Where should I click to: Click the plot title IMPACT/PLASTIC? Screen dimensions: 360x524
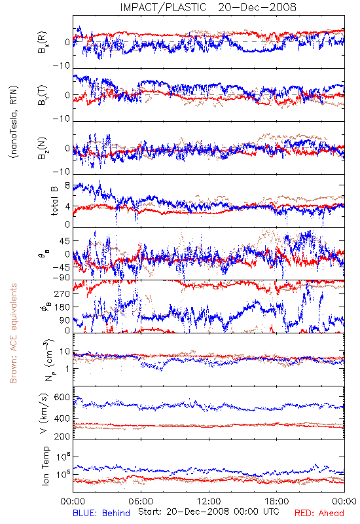click(x=163, y=7)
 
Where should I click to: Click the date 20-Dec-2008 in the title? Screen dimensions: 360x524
click(x=257, y=7)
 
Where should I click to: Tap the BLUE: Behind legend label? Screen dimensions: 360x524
click(x=101, y=513)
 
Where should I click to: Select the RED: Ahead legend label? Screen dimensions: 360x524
click(x=319, y=513)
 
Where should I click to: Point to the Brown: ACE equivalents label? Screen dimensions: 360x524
click(x=13, y=333)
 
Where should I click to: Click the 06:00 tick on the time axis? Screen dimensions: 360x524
click(x=141, y=501)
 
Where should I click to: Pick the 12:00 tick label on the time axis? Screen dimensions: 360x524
click(x=209, y=501)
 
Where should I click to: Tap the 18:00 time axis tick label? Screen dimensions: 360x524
click(x=277, y=501)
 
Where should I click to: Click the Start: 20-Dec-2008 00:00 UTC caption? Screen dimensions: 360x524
click(x=208, y=512)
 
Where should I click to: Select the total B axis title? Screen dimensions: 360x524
click(x=54, y=200)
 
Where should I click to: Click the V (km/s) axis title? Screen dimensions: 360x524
click(x=44, y=413)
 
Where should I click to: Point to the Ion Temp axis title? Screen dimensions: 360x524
click(x=45, y=466)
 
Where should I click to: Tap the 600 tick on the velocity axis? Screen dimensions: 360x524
click(x=62, y=398)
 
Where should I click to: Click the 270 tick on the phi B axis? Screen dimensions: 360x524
click(x=62, y=293)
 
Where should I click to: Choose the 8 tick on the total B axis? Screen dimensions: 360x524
click(x=67, y=185)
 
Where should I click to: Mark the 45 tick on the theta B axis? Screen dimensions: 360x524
click(x=65, y=241)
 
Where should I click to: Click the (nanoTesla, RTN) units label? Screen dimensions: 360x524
click(x=14, y=122)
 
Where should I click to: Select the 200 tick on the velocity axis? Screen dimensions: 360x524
click(x=62, y=436)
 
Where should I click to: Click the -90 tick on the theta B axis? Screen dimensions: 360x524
click(x=62, y=278)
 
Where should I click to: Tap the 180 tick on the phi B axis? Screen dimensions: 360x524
click(x=62, y=307)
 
